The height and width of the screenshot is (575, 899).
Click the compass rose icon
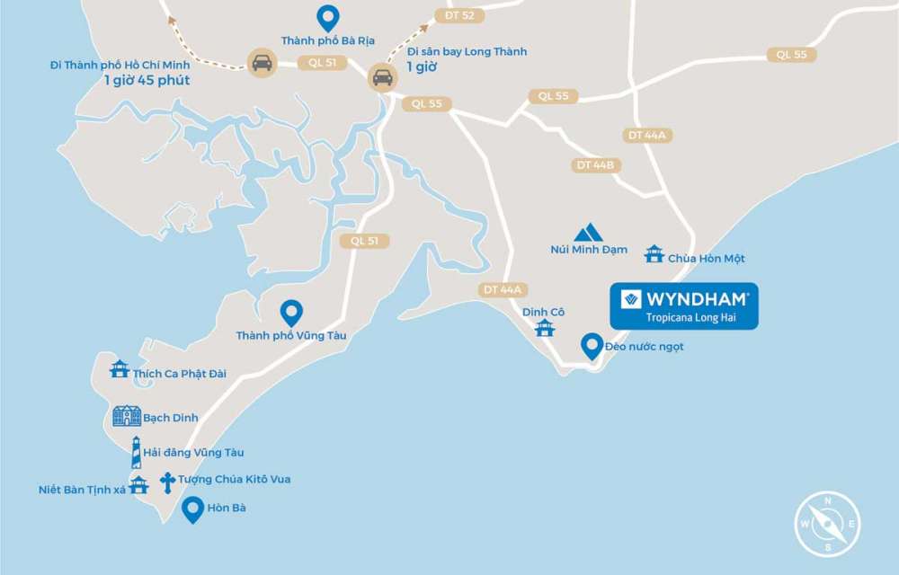(x=827, y=524)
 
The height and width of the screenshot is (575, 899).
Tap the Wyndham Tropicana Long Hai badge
(x=684, y=306)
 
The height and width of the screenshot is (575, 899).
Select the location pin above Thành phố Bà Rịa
(x=328, y=18)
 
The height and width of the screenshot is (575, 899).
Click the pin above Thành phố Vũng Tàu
(x=290, y=313)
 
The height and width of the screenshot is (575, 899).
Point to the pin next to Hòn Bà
(x=192, y=510)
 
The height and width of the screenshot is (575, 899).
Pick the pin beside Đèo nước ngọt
(x=592, y=346)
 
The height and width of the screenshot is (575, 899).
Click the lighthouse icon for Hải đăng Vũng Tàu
(x=136, y=452)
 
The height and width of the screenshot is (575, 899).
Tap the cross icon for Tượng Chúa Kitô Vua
(x=167, y=481)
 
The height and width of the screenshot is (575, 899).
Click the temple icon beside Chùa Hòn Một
(x=654, y=254)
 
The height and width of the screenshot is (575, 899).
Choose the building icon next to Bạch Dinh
(x=127, y=416)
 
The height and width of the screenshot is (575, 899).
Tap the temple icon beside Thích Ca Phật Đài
(x=120, y=368)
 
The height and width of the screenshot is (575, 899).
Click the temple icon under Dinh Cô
(x=544, y=328)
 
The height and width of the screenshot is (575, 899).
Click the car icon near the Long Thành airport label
(x=383, y=77)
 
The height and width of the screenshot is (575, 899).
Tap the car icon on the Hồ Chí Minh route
(x=262, y=62)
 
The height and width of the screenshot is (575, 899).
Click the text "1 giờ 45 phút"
(x=146, y=80)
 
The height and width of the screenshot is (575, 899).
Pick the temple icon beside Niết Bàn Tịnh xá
(x=138, y=485)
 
